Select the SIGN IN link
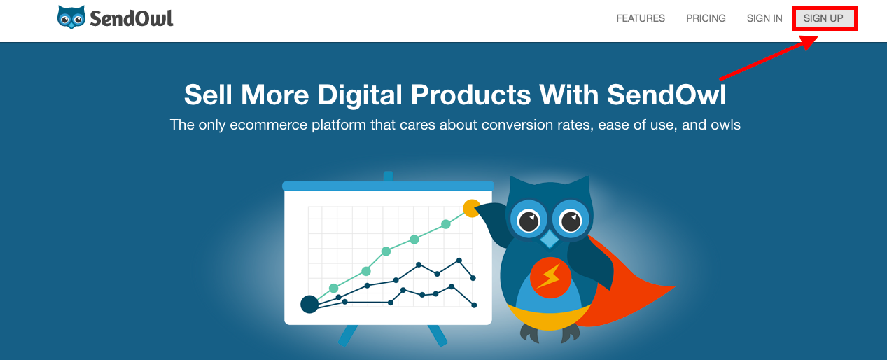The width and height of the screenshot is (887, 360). pos(764,18)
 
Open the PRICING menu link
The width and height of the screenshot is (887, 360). pos(706,18)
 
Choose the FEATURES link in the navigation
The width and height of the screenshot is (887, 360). pos(641,18)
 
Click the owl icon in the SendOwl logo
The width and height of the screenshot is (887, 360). pos(71,18)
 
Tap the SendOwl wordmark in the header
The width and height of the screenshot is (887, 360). pos(132,19)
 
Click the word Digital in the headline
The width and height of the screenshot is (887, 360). pos(360,95)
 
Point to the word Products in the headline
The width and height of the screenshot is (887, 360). pos(471,95)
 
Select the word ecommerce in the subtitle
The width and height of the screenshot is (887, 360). pos(268,125)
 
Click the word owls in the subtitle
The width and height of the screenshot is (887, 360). pos(725,125)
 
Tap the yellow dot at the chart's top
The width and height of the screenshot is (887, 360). pos(471,208)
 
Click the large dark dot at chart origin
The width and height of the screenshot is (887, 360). pos(309,304)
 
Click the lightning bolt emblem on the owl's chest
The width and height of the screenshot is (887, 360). pos(550,277)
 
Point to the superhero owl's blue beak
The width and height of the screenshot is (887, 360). pos(550,239)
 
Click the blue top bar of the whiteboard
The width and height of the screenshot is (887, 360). pos(388,186)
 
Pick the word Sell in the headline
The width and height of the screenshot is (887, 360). pos(208,95)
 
